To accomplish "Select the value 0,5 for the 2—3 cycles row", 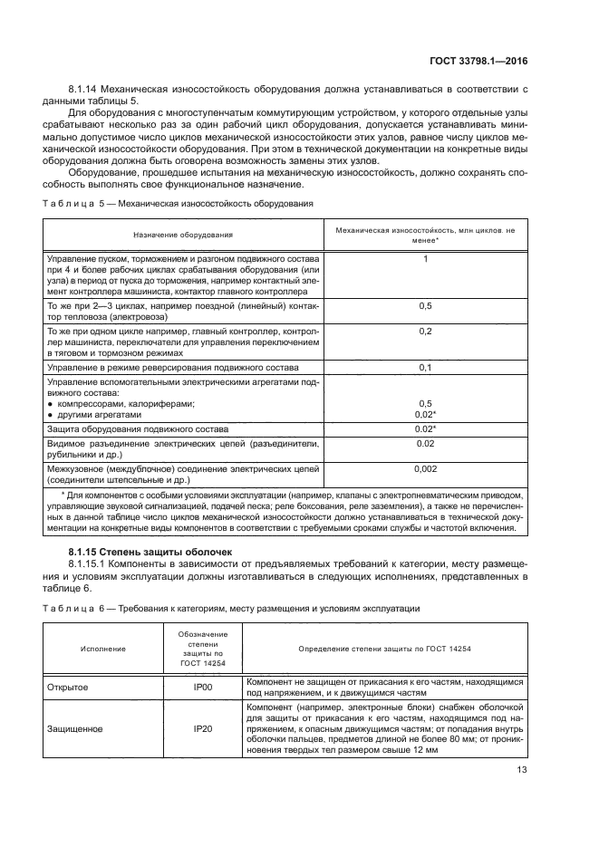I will pyautogui.click(x=425, y=307).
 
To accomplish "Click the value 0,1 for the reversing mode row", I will pyautogui.click(x=425, y=368).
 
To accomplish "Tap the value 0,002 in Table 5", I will pyautogui.click(x=425, y=469).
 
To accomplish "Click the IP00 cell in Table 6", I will pyautogui.click(x=203, y=688).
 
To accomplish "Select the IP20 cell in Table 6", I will pyautogui.click(x=203, y=728).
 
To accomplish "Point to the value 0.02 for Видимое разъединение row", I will pyautogui.click(x=425, y=444).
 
